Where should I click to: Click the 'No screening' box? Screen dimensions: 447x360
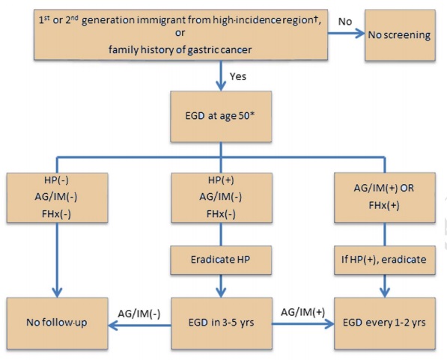point(400,35)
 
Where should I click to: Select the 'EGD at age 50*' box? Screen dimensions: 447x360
point(221,116)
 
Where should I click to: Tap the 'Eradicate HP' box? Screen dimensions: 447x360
point(221,260)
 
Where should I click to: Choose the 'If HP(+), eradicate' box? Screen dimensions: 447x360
point(385,260)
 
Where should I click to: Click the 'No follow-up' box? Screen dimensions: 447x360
point(58,323)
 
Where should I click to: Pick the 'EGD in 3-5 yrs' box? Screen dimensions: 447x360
point(222,323)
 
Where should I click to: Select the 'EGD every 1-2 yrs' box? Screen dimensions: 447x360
point(385,323)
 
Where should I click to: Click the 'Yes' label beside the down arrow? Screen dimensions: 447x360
point(238,76)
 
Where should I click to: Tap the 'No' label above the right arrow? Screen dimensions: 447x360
point(345,22)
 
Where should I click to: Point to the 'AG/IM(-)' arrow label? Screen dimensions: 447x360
point(139,314)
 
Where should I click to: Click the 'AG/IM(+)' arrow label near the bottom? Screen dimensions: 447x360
point(302,312)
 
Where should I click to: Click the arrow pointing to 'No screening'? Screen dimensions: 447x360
point(346,34)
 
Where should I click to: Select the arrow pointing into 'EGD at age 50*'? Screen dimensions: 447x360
point(221,76)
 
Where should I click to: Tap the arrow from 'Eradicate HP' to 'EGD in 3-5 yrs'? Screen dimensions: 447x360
point(221,286)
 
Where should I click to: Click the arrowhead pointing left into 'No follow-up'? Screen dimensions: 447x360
point(113,325)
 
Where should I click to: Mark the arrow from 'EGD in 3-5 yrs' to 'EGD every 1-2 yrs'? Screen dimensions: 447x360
point(303,324)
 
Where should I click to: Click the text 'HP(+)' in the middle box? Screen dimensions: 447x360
point(221,180)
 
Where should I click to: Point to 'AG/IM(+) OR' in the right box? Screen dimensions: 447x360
point(383,188)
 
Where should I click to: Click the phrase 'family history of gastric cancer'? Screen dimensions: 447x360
point(180,50)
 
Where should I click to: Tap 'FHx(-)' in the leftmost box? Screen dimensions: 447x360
point(56,214)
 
